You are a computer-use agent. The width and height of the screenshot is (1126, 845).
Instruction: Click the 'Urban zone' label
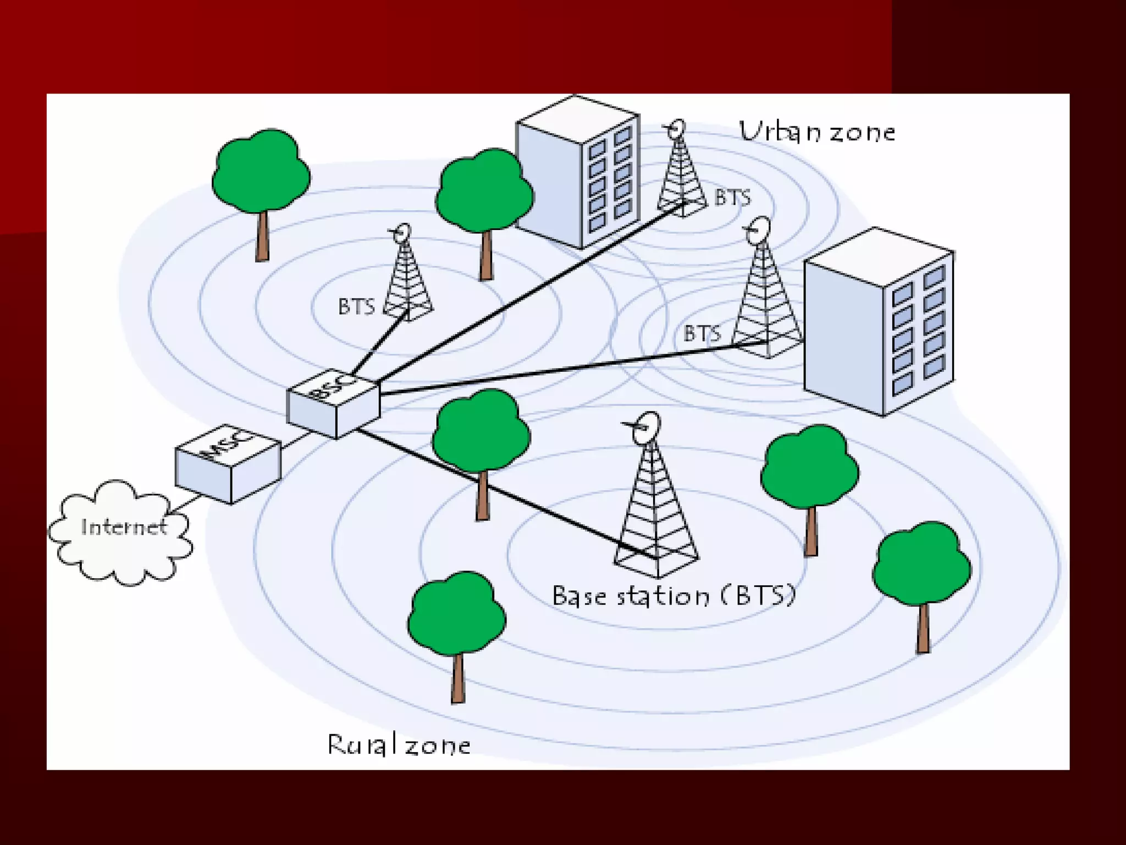(x=817, y=133)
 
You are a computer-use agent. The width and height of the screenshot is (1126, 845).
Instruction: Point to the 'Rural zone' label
(x=399, y=745)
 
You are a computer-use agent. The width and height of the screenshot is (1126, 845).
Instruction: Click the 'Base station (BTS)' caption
(x=674, y=596)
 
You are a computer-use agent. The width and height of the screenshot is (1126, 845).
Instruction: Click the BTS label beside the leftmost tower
(x=356, y=306)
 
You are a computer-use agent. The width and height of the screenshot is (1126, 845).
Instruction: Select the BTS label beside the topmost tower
(x=732, y=197)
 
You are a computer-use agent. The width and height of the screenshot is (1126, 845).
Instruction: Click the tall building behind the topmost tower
(x=577, y=171)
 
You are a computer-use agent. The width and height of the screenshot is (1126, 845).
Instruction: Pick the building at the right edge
(x=878, y=322)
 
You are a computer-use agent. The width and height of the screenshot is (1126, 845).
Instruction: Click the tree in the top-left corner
(x=261, y=171)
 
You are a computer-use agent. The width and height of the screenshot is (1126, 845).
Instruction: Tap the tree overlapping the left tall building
(x=484, y=193)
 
